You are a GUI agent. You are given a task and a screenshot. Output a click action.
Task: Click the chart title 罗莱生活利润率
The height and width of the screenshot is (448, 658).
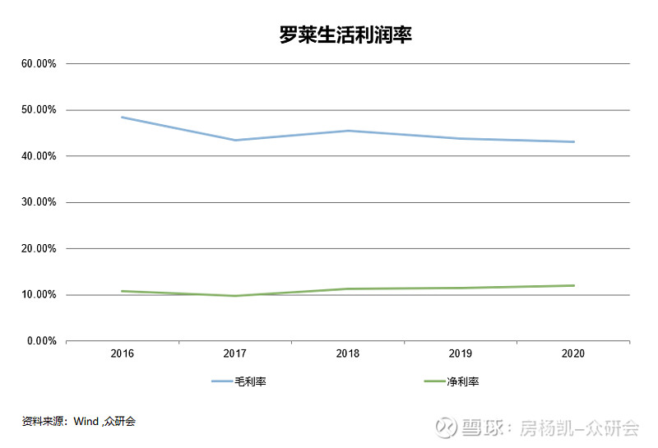344,36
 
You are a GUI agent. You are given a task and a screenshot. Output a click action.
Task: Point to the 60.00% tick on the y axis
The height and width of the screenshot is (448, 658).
38,63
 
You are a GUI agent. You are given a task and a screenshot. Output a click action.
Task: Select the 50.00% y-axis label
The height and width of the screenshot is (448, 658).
38,110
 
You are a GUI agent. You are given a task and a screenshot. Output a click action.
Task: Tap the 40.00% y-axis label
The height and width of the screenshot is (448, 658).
38,156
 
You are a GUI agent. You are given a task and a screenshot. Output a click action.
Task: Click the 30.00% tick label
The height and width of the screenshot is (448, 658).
38,202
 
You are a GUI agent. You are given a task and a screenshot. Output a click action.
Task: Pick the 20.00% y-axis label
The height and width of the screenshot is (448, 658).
38,248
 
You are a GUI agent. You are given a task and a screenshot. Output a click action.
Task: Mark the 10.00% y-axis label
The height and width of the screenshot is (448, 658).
38,294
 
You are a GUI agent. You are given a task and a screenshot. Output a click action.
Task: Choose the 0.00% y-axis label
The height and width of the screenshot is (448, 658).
40,340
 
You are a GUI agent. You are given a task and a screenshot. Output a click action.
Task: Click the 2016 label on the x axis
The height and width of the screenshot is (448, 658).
123,353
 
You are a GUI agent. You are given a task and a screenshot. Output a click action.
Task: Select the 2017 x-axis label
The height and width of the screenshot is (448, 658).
235,353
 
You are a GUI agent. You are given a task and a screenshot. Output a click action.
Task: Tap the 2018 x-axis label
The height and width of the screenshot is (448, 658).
348,353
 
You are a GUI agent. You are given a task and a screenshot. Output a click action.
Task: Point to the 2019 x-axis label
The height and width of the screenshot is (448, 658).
461,353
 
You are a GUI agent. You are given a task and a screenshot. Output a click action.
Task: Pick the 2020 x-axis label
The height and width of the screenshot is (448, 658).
573,353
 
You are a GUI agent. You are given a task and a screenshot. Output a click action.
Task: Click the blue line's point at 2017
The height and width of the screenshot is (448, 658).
235,140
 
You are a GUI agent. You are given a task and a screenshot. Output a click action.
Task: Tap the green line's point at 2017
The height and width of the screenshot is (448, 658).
235,296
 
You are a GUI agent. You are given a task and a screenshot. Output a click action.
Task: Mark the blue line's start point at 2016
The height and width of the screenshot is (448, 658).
123,117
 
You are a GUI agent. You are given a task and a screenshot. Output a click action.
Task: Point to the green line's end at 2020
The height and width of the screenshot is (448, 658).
573,285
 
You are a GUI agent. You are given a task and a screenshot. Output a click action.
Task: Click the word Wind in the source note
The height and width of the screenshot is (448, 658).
86,422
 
